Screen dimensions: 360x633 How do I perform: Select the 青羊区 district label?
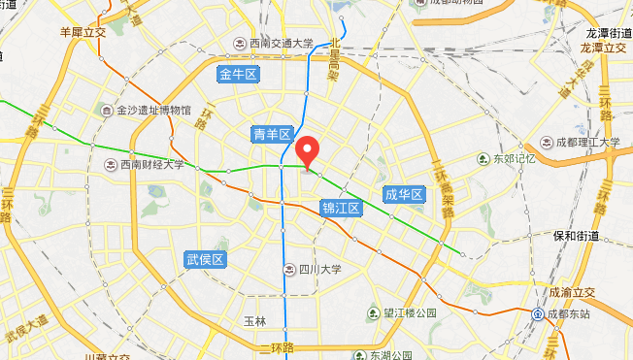click(x=271, y=134)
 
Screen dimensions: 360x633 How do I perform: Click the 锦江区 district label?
click(x=341, y=208)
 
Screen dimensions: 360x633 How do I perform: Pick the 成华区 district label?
click(x=404, y=195)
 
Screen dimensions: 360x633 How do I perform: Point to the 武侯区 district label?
click(x=205, y=259)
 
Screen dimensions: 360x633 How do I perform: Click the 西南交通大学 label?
click(x=279, y=43)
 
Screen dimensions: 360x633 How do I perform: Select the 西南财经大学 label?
click(x=151, y=165)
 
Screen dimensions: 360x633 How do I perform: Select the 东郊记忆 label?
click(x=514, y=159)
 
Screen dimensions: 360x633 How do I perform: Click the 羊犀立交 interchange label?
click(x=83, y=31)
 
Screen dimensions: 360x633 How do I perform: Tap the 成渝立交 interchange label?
click(x=573, y=291)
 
